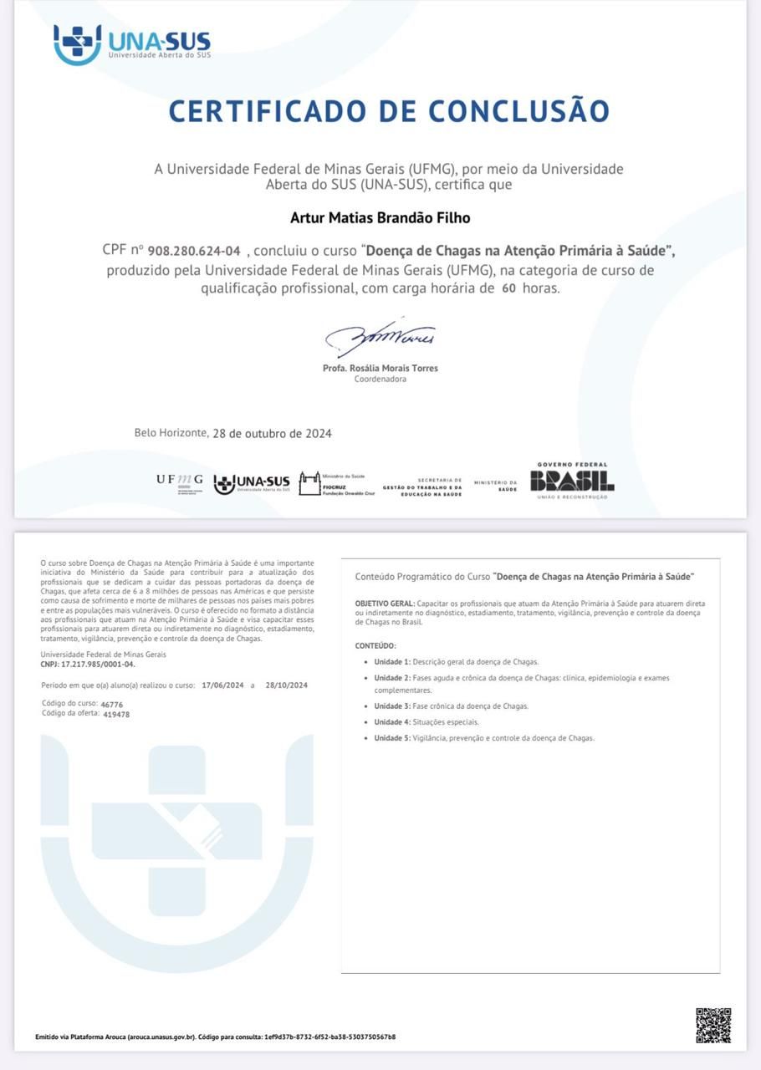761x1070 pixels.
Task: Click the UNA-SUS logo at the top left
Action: coord(131,44)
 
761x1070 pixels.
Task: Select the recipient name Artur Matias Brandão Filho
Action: coord(380,218)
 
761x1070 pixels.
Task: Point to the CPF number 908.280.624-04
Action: coord(194,251)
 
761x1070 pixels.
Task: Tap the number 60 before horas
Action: coord(508,288)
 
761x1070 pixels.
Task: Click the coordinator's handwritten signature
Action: coord(380,336)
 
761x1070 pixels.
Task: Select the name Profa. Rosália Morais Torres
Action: coord(380,368)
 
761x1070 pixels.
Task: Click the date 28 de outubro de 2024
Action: coord(273,433)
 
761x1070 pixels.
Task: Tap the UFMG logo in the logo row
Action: coord(179,481)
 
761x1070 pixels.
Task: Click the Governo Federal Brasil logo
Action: coord(572,481)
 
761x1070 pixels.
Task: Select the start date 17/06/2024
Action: coord(222,685)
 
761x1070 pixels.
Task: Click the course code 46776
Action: coord(111,705)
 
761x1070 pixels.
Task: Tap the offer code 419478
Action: coord(115,715)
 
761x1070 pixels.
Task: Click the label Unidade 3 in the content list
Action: coord(391,706)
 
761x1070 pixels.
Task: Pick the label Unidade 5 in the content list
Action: coord(391,738)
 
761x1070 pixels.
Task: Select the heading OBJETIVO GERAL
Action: coord(384,604)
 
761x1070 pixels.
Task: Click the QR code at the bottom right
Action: coord(713,1025)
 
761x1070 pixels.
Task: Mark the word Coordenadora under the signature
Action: coord(380,380)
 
